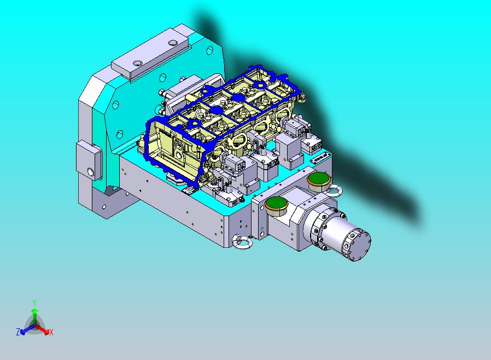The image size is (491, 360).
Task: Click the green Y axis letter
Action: click(34, 303)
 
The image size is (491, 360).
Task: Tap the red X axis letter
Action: click(51, 332)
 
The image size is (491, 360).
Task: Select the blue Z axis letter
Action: click(18, 332)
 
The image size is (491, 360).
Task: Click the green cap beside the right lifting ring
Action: click(319, 179)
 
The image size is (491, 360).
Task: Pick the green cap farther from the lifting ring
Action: click(277, 204)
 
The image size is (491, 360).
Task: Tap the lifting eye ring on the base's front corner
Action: click(242, 242)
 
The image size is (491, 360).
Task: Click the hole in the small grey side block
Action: click(91, 172)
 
